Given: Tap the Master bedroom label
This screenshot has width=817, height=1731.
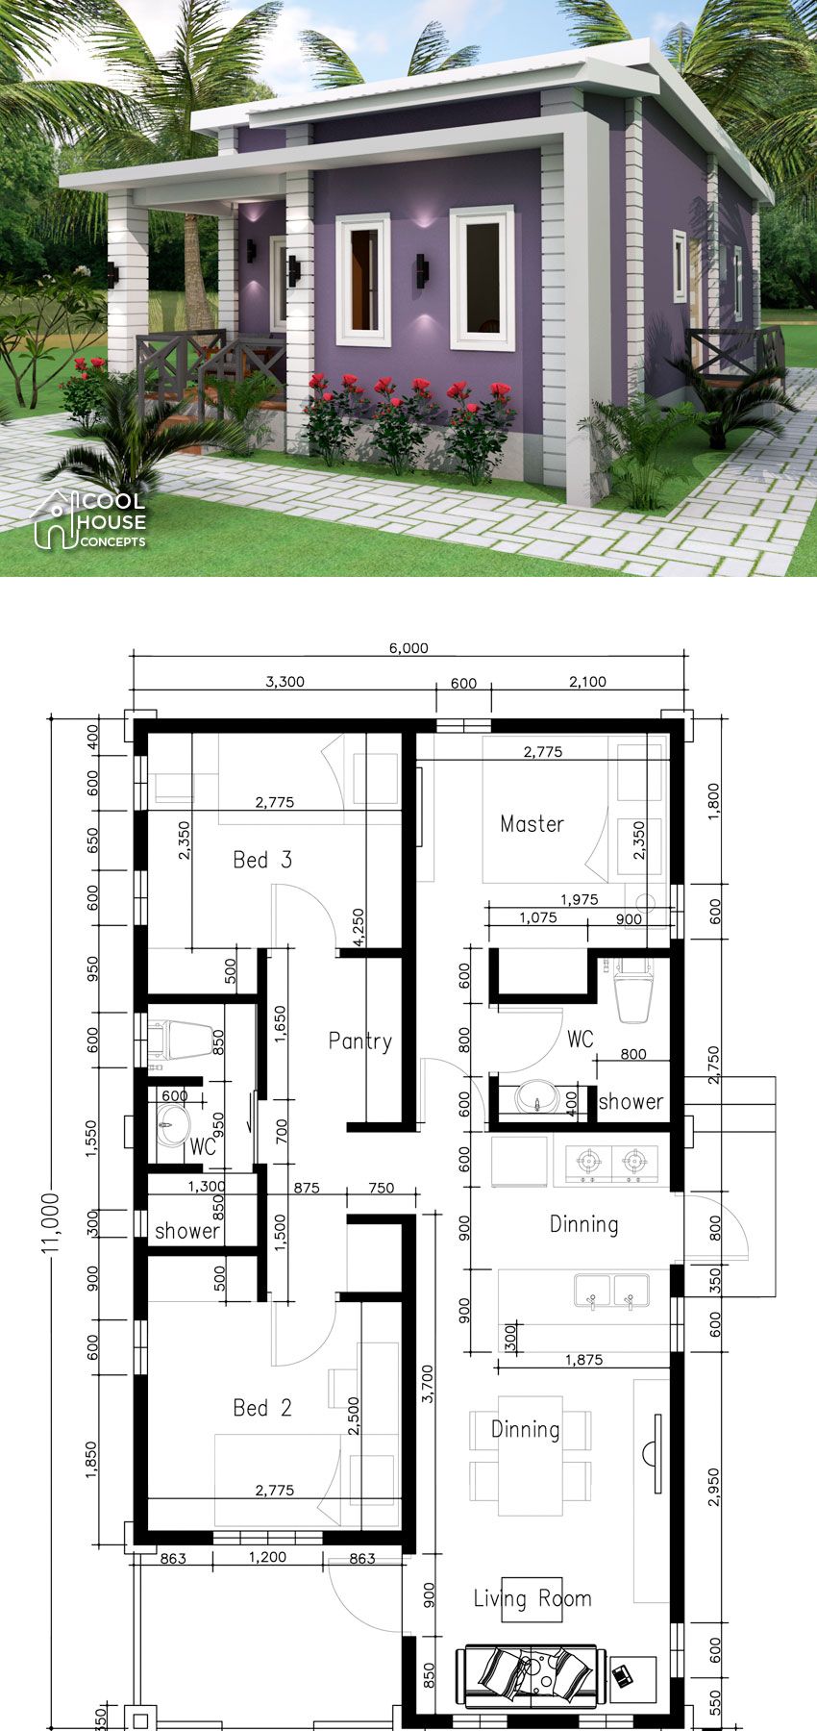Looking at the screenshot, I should click(532, 824).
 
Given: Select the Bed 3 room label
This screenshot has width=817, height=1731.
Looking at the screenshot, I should click(261, 860).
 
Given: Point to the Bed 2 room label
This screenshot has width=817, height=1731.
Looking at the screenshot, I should click(261, 1408).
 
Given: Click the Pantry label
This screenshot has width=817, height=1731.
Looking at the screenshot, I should click(359, 1041).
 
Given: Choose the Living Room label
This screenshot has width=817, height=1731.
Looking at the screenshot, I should click(532, 1598).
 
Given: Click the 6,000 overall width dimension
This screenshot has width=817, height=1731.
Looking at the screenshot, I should click(408, 648).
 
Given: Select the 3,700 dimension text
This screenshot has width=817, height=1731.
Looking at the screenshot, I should click(427, 1385).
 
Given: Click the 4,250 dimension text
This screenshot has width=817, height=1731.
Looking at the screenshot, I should click(359, 927).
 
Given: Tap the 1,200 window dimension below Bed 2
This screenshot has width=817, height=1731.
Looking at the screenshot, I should click(267, 1558).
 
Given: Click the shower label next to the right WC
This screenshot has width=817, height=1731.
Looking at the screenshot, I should click(631, 1102).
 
